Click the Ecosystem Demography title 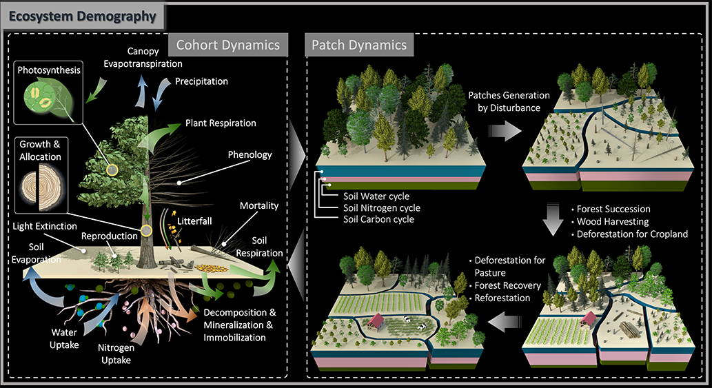[82, 14]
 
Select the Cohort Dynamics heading [228, 45]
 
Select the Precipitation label [202, 81]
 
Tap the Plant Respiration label [221, 123]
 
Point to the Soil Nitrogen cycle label [381, 207]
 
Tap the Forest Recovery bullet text [509, 285]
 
